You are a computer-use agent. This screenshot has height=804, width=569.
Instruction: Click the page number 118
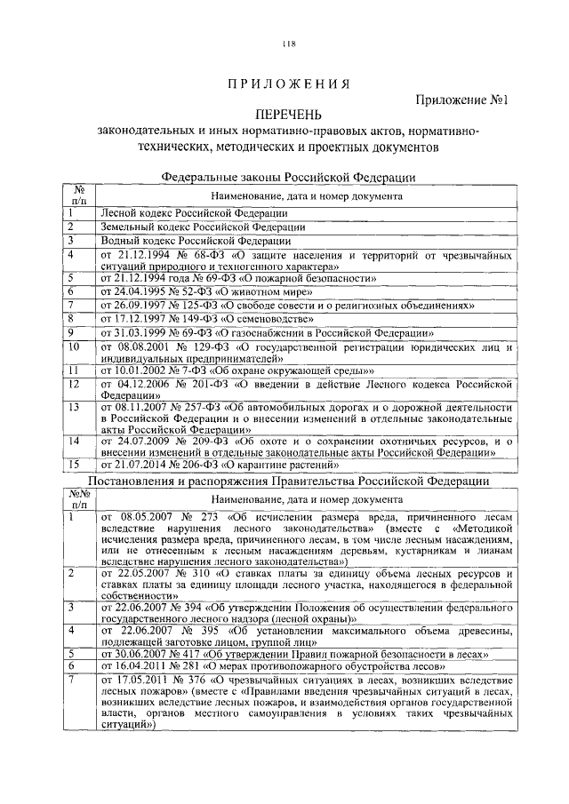(288, 45)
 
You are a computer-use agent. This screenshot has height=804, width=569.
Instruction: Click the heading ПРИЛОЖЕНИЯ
(287, 84)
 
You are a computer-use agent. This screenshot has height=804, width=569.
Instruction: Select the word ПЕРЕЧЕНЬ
(287, 115)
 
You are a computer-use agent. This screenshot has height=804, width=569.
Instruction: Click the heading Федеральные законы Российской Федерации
(288, 177)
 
